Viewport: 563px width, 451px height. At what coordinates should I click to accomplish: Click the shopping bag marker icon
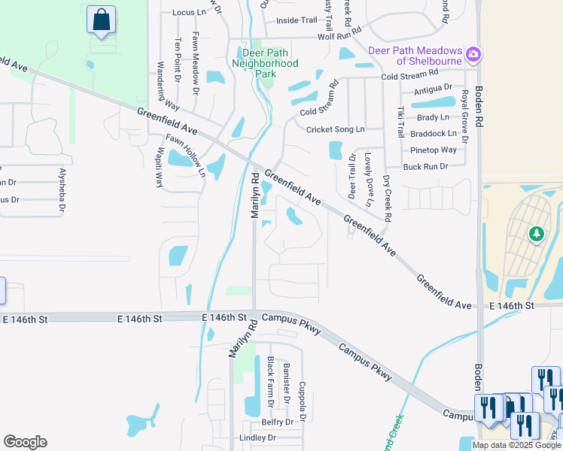pyautogui.click(x=101, y=20)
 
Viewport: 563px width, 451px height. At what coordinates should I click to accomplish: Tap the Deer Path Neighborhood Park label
pyautogui.click(x=270, y=63)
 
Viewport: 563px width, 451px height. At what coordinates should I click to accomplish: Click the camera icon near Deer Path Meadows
pyautogui.click(x=474, y=54)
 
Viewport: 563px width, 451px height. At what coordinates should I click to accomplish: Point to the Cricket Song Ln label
pyautogui.click(x=335, y=129)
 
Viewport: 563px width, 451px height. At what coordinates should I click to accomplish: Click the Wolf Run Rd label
pyautogui.click(x=339, y=36)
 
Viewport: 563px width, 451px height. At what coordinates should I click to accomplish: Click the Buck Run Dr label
pyautogui.click(x=425, y=166)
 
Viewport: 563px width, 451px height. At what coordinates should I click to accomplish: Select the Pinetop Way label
pyautogui.click(x=434, y=150)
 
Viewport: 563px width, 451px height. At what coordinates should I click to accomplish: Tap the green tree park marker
pyautogui.click(x=536, y=235)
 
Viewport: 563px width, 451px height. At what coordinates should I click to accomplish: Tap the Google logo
pyautogui.click(x=25, y=442)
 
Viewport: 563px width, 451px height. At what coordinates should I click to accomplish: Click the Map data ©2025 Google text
pyautogui.click(x=516, y=445)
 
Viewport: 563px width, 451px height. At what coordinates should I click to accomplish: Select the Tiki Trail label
pyautogui.click(x=400, y=121)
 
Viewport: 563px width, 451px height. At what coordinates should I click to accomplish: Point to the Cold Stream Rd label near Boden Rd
pyautogui.click(x=409, y=75)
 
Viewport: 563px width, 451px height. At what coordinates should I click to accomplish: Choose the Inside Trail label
pyautogui.click(x=297, y=20)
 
